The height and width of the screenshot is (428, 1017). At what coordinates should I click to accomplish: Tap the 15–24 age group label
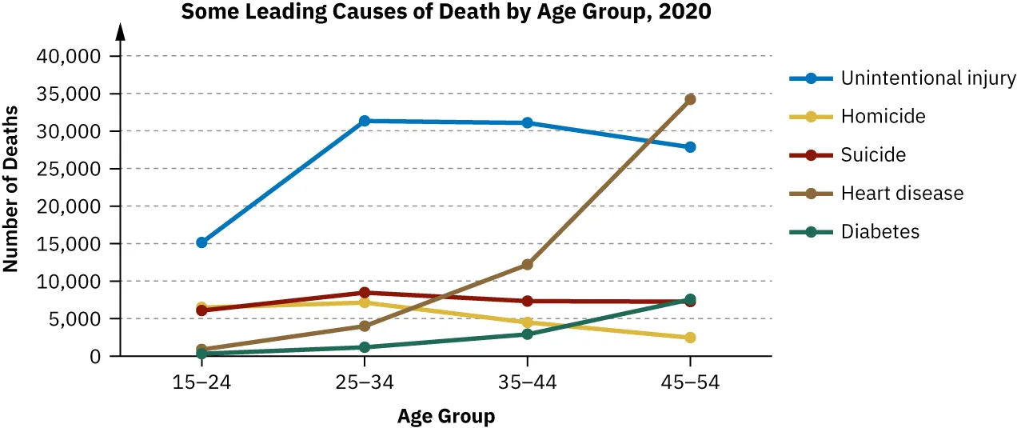201,382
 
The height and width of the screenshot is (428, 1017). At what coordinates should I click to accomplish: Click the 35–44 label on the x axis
527,382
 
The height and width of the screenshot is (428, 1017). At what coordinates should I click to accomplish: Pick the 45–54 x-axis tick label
690,382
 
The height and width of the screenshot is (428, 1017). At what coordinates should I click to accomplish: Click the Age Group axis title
446,417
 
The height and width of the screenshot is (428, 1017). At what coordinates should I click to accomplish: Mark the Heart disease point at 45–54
690,99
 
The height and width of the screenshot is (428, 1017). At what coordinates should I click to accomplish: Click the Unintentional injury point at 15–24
201,242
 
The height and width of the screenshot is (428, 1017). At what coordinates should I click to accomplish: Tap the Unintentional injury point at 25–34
365,121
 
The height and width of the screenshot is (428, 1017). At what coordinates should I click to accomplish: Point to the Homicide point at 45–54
690,338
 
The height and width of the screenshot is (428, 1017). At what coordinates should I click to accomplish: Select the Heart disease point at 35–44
527,265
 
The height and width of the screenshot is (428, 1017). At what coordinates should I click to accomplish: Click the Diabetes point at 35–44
527,334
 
